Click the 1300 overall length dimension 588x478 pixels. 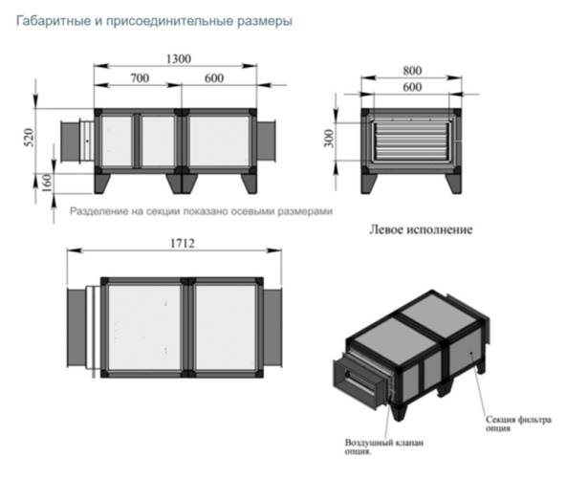[176, 58]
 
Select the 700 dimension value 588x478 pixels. [139, 76]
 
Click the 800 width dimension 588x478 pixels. [412, 70]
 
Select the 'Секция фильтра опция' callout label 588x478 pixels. [521, 424]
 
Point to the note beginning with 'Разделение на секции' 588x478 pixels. [201, 210]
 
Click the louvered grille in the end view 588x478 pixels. [412, 141]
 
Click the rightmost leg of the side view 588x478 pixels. [248, 181]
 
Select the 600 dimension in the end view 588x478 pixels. [412, 86]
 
